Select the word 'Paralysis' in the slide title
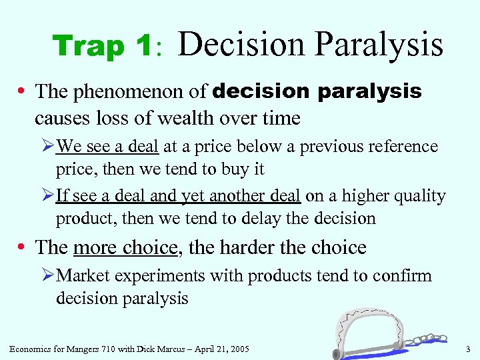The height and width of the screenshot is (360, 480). click(378, 45)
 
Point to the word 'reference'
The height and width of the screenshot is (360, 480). click(403, 147)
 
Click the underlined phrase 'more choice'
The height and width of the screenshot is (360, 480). click(126, 247)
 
